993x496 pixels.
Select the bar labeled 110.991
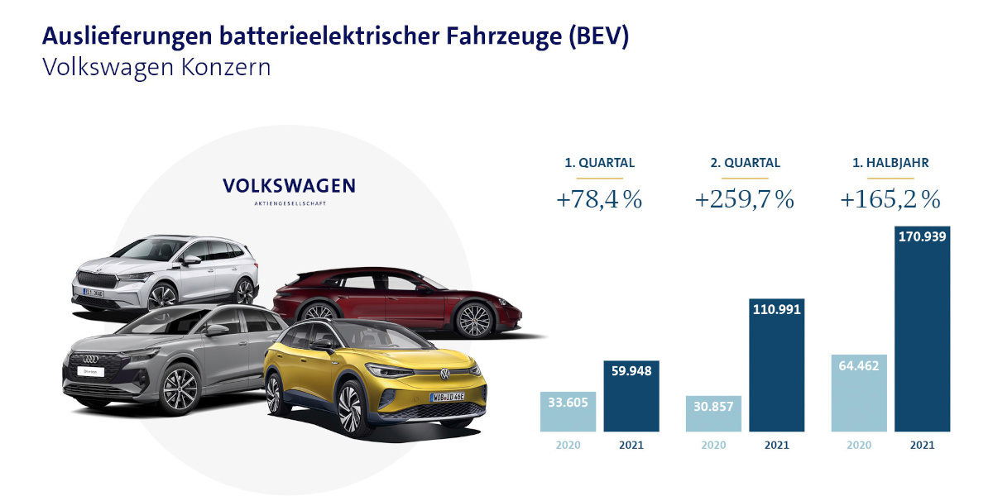pos(776,365)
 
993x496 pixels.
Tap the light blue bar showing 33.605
pos(568,411)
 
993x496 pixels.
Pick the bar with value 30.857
pos(713,413)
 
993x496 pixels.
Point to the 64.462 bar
pos(859,393)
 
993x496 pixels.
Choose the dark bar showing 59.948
pos(631,396)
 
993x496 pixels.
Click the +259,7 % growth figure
pos(745,200)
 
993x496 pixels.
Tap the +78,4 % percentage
pos(600,200)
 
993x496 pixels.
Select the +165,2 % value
pos(890,200)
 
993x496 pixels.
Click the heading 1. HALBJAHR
pos(890,163)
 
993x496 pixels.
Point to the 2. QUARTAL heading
pos(745,163)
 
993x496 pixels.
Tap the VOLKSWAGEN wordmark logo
pos(290,186)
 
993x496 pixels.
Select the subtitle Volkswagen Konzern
pos(156,67)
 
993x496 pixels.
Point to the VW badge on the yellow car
pos(444,374)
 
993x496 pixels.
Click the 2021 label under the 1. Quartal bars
pos(631,445)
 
